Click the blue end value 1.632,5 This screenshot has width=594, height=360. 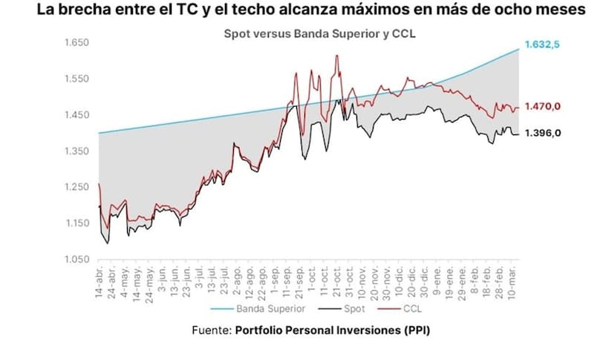pos(542,45)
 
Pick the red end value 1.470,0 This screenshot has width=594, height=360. pos(542,107)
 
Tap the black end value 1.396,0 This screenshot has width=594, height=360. pos(542,133)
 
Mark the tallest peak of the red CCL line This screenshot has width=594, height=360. pos(337,56)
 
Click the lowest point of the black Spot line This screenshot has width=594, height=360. pos(108,243)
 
